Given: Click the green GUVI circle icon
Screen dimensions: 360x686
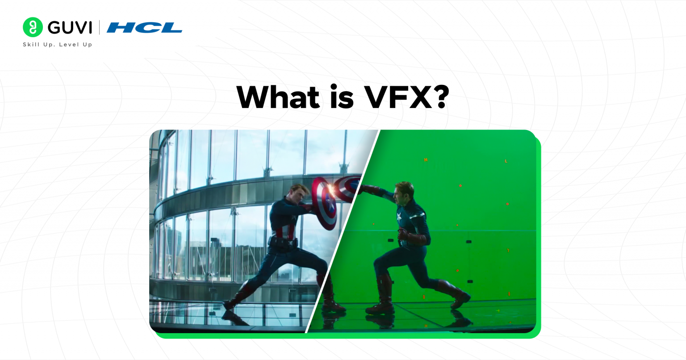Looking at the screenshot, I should click(33, 27).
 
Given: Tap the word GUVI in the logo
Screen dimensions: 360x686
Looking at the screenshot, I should click(70, 28).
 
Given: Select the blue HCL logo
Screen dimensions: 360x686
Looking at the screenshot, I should click(144, 28).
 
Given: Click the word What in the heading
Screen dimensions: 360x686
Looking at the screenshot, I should click(277, 97).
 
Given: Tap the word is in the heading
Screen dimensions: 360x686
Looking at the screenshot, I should click(342, 97).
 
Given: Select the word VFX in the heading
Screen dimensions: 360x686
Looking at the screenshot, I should click(397, 97).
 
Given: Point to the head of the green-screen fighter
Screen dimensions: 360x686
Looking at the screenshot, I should click(404, 192).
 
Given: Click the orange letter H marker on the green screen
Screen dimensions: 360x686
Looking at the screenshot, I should click(426, 159).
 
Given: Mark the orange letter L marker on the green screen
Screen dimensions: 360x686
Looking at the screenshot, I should click(506, 161).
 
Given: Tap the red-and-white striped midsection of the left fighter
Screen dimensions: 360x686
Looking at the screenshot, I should click(286, 230).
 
